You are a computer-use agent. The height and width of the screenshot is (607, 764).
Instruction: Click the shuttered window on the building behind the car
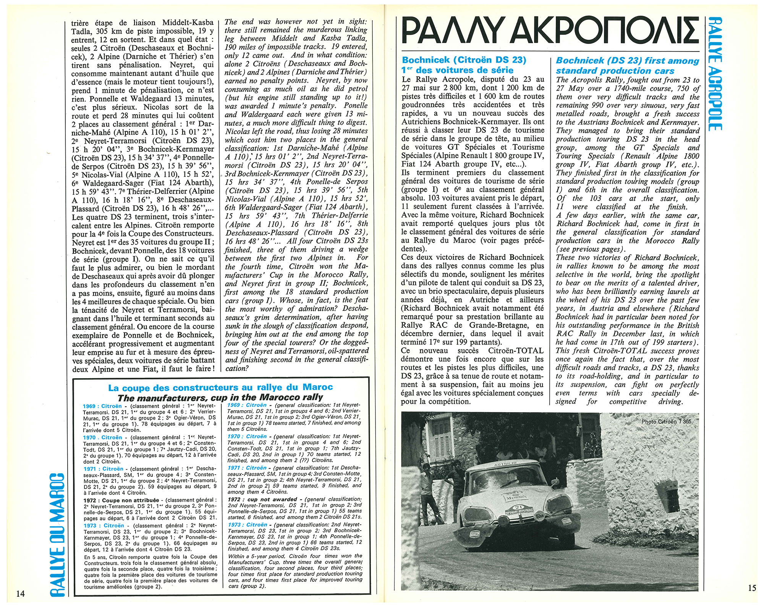[442, 439]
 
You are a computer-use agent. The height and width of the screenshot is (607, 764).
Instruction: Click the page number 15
[752, 588]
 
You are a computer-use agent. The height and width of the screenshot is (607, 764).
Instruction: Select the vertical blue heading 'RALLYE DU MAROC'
[58, 535]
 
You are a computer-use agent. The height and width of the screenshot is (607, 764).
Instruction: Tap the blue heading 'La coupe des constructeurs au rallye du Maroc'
[220, 387]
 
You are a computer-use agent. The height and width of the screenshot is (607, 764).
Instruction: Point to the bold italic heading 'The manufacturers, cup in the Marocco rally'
[220, 397]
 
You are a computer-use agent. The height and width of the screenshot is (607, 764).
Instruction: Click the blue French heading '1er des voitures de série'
[457, 70]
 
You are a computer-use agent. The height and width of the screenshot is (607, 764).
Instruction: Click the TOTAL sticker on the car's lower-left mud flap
[475, 534]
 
